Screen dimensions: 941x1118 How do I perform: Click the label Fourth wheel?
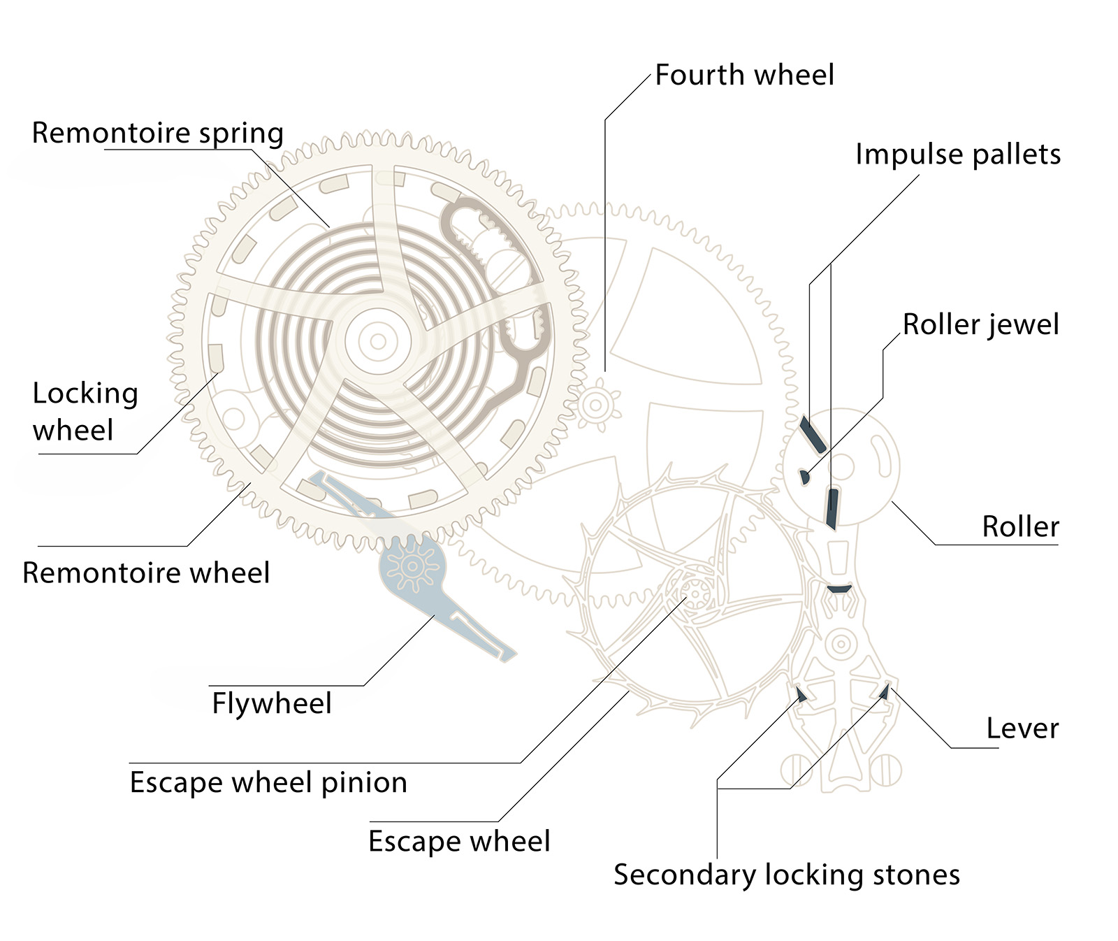click(744, 75)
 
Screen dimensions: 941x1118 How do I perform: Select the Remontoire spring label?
click(158, 133)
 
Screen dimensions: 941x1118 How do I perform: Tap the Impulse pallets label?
click(957, 155)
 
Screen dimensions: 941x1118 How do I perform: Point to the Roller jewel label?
click(980, 324)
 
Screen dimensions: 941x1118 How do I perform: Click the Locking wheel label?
click(85, 411)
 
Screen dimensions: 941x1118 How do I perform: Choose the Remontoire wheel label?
click(146, 573)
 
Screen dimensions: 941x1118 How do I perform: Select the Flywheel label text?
click(272, 703)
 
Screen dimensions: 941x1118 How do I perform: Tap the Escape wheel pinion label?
click(268, 782)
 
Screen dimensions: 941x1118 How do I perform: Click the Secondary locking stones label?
click(786, 875)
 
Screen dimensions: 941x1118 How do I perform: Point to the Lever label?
click(1022, 728)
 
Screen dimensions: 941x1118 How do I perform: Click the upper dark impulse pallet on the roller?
click(813, 435)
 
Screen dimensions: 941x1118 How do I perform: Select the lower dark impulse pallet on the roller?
click(832, 508)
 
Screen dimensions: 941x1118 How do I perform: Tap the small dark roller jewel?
click(804, 476)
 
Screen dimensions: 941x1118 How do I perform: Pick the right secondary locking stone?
click(883, 691)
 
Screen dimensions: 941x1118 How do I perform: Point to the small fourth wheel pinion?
click(596, 405)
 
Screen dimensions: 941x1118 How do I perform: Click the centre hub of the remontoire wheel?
click(378, 342)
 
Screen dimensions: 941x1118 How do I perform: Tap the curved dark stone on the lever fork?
click(838, 589)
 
